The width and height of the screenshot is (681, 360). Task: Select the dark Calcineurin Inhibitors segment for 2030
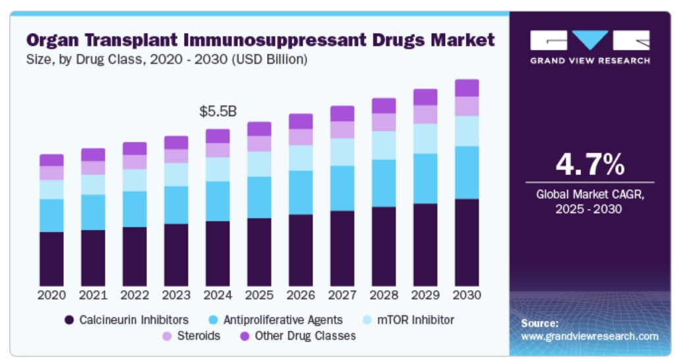[467, 242]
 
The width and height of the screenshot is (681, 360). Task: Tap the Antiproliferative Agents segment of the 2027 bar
[342, 188]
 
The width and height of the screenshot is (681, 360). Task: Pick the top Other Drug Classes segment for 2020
[51, 160]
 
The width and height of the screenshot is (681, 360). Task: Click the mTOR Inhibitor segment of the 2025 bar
[259, 164]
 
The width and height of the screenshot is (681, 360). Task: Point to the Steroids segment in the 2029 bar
[425, 115]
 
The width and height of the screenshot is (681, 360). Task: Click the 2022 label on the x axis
[134, 295]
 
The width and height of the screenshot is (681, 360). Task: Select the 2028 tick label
[384, 295]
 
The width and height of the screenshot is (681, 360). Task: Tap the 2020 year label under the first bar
[51, 295]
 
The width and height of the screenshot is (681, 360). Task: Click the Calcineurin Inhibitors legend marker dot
[69, 320]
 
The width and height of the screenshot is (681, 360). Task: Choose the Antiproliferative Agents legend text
[283, 320]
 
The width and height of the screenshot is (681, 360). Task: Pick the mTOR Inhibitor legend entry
[415, 320]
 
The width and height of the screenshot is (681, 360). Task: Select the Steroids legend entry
[198, 336]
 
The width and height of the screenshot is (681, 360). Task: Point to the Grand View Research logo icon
[589, 41]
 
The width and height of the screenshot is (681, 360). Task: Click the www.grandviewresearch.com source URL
[589, 336]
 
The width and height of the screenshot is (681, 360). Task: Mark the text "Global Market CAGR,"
[589, 195]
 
